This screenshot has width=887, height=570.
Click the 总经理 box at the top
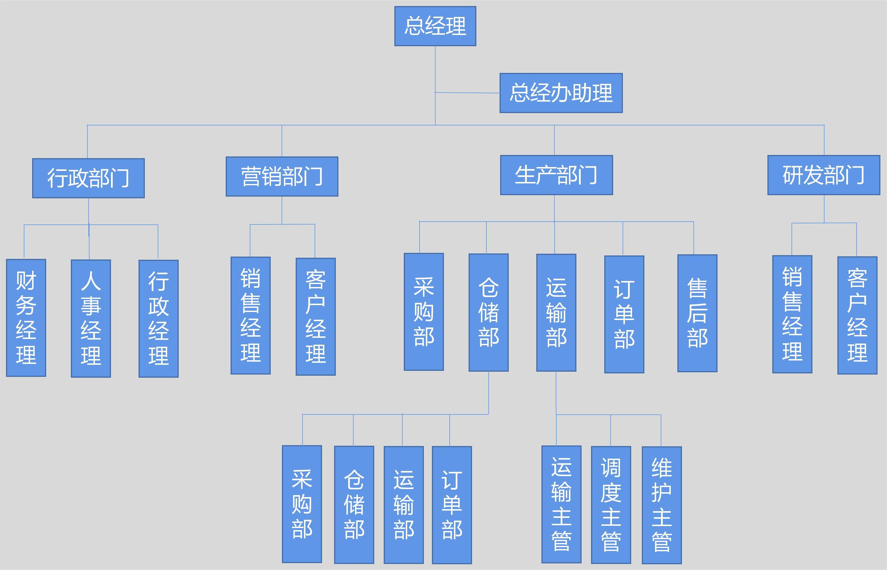tap(435, 26)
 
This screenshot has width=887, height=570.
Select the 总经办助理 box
tap(561, 93)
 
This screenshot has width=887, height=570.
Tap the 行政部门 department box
tap(88, 178)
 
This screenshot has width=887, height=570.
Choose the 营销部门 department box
tap(282, 176)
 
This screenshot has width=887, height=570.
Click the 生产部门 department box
tap(556, 175)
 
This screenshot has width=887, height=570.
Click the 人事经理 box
tap(91, 318)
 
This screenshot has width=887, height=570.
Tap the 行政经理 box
tap(158, 318)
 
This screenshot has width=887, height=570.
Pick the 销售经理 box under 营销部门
tap(250, 315)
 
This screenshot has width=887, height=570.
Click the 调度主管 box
tap(611, 505)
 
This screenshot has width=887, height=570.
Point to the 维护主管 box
tap(662, 505)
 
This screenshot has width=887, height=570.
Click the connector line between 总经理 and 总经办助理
tap(467, 92)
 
